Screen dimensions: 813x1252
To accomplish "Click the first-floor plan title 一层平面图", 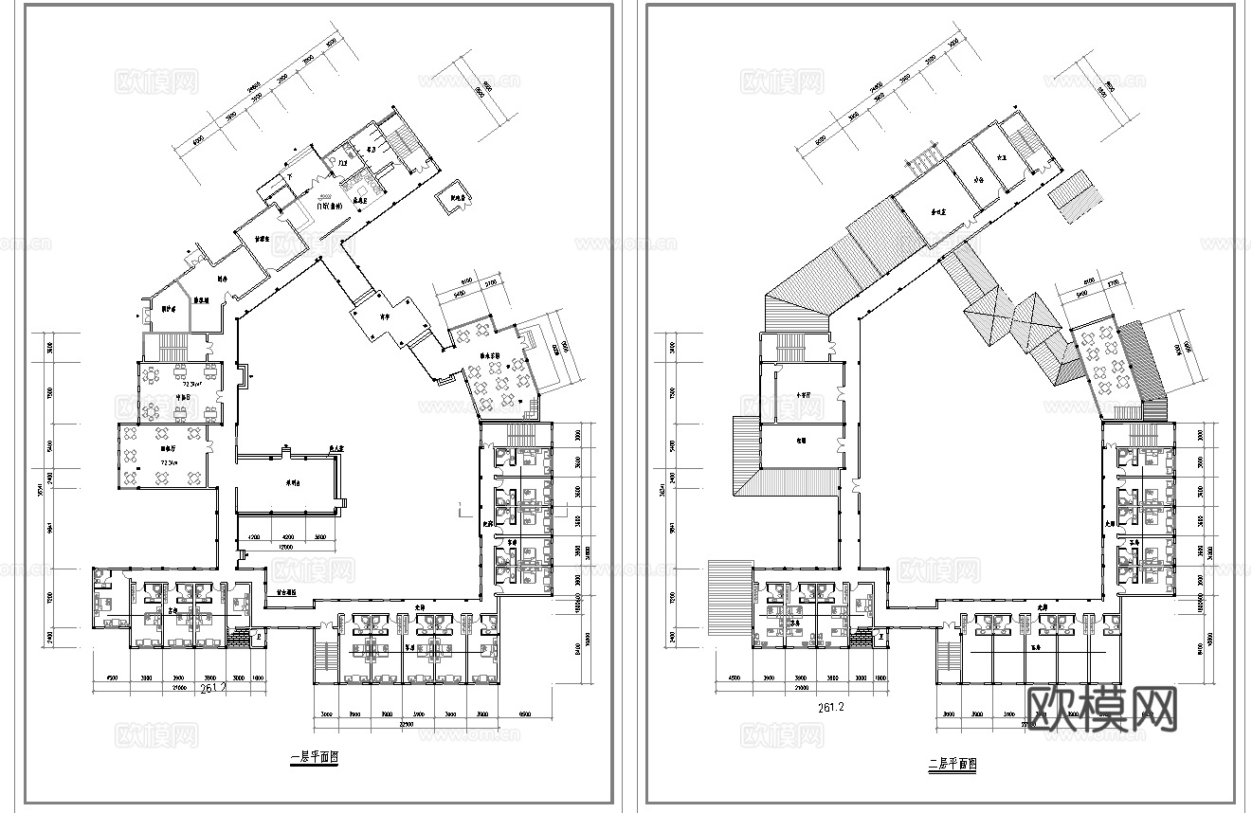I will tap(314, 758).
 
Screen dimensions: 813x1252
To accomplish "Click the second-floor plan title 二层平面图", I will tap(953, 763).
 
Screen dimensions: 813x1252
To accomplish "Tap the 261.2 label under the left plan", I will tap(214, 690).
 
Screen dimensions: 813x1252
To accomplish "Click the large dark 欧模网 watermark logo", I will tap(1101, 709).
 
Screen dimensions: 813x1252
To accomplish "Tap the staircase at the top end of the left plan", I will tap(408, 147).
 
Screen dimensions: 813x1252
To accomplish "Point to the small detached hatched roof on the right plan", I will tap(1079, 196).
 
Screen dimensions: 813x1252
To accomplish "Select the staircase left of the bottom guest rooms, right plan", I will tap(948, 654).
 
